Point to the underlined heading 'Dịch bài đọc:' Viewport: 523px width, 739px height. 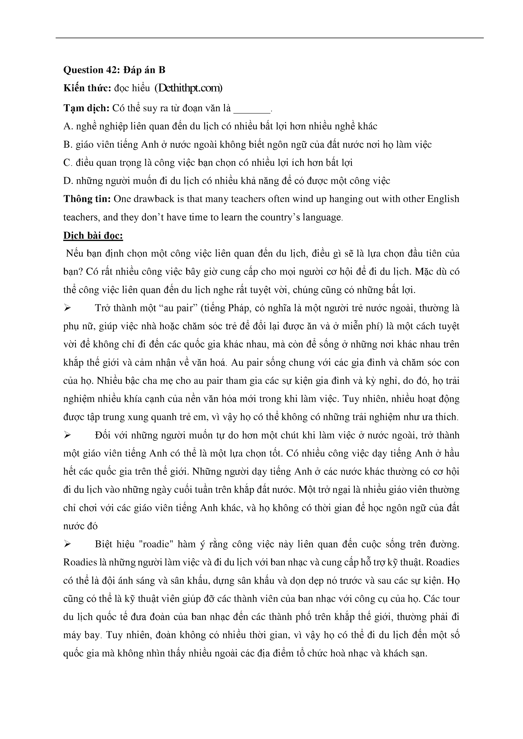(93, 236)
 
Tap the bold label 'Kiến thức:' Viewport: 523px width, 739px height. (87, 88)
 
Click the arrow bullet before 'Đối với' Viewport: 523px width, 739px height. (67, 435)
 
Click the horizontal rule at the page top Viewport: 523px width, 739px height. (270, 38)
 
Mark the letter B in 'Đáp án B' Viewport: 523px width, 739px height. (162, 70)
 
